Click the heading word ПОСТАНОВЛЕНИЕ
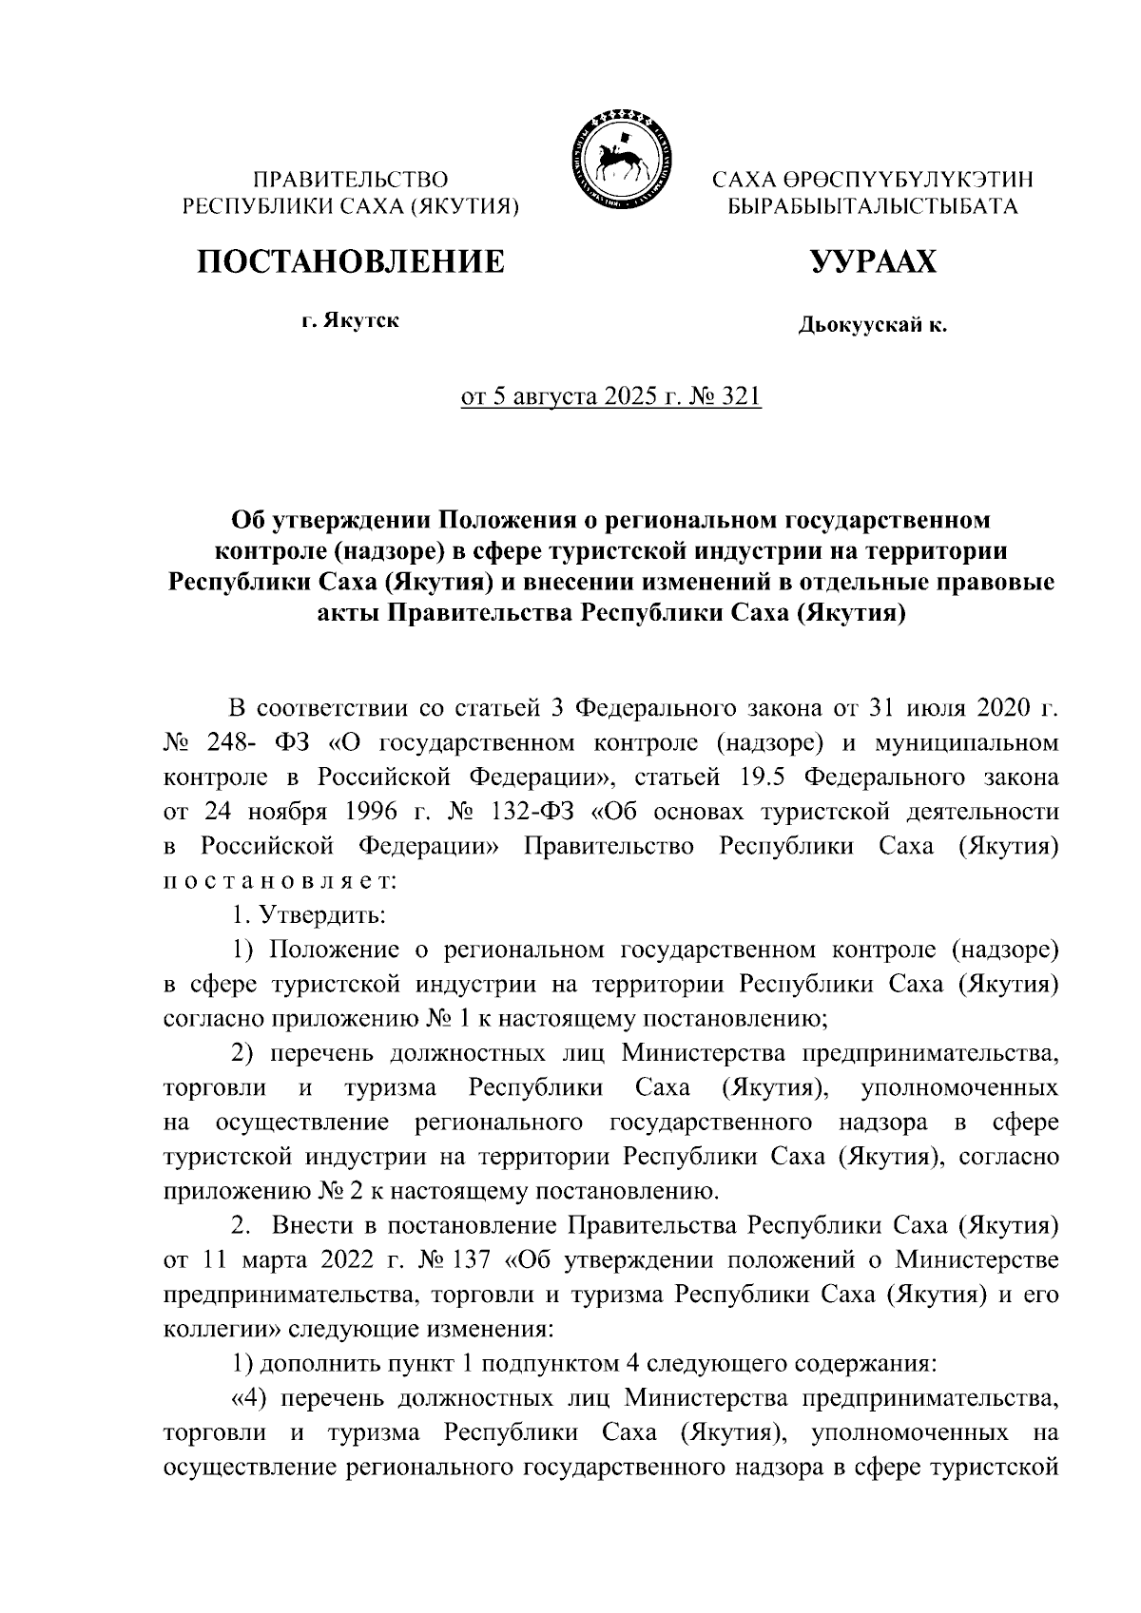click(351, 259)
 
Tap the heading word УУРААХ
click(872, 259)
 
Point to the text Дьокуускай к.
click(872, 327)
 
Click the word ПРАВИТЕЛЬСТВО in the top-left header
click(351, 178)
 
